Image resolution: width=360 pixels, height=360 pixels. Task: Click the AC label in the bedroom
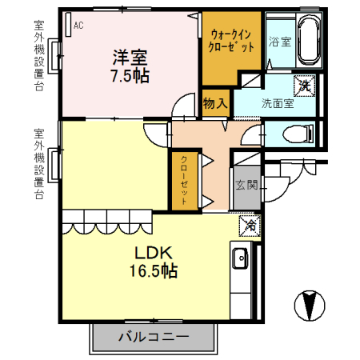pyautogui.click(x=78, y=26)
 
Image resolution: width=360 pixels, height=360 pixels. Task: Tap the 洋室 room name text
pyautogui.click(x=130, y=57)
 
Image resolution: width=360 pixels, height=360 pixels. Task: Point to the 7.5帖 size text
pyautogui.click(x=130, y=76)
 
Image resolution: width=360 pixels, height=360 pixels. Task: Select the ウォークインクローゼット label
pyautogui.click(x=233, y=41)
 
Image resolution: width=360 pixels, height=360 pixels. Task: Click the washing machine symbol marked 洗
pyautogui.click(x=304, y=84)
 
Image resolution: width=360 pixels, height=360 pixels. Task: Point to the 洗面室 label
pyautogui.click(x=278, y=103)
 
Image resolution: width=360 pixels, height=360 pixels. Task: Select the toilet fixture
pyautogui.click(x=298, y=134)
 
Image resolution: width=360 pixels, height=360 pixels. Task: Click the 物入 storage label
pyautogui.click(x=215, y=103)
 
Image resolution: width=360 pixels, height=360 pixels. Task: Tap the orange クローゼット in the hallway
pyautogui.click(x=183, y=180)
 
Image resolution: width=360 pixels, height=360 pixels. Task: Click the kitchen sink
pyautogui.click(x=239, y=259)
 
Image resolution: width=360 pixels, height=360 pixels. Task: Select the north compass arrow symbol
pyautogui.click(x=310, y=305)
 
